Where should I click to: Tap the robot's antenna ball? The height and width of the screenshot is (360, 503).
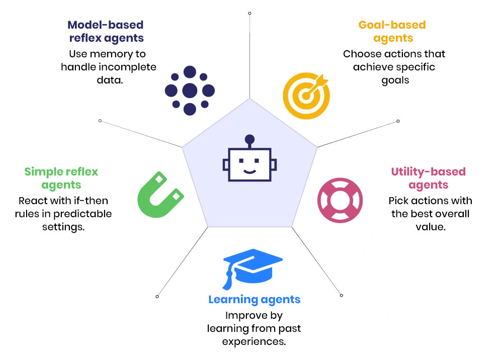249,138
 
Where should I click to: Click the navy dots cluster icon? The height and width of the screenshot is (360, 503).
190,91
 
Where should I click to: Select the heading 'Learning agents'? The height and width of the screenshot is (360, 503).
254,300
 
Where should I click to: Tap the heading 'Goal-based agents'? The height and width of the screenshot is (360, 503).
392,31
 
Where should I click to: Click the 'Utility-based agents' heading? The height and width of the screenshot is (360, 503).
429,178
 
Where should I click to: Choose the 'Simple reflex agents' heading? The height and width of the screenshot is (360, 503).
61,178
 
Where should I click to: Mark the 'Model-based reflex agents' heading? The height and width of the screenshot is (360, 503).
105,31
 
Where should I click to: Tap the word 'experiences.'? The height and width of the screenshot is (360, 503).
254,341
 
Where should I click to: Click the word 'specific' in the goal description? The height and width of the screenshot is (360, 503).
414,67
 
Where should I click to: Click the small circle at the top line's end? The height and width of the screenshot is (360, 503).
249,13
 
